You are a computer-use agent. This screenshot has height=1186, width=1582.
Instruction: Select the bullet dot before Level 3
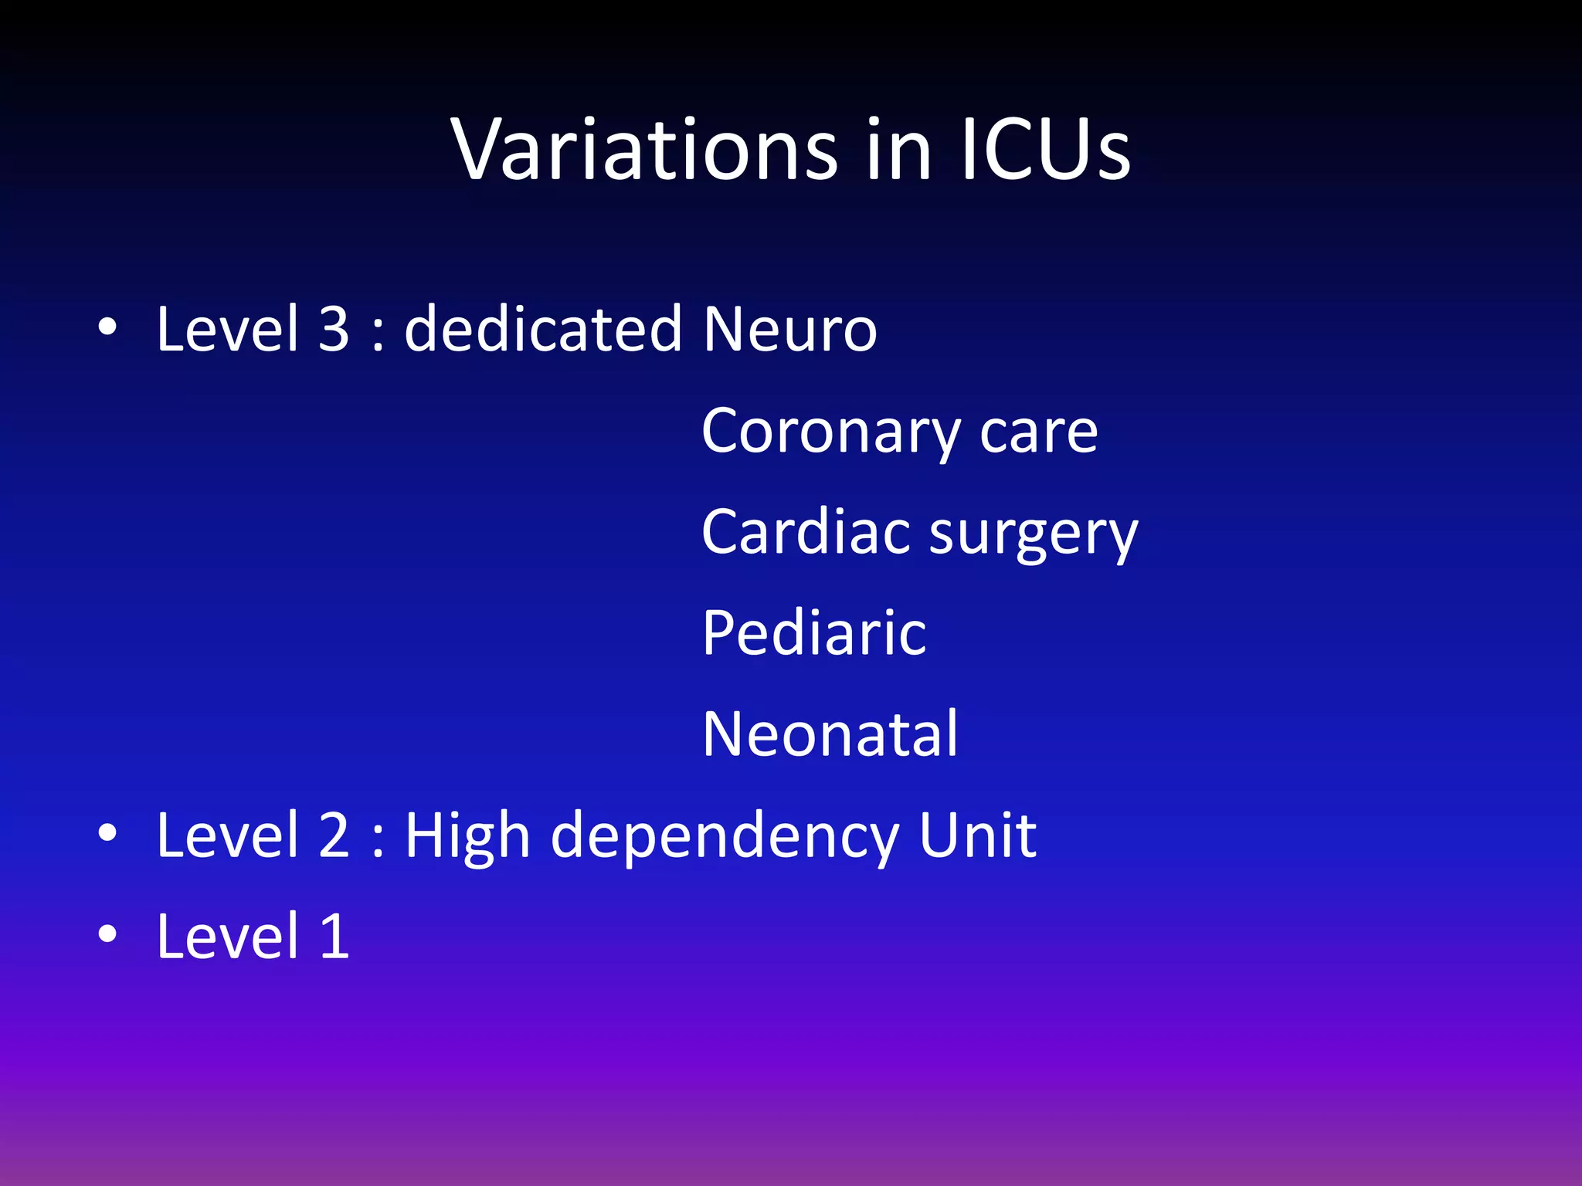[107, 327]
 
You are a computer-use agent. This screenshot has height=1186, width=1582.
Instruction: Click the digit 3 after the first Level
[334, 329]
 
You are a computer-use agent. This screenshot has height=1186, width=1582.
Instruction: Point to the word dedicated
[543, 329]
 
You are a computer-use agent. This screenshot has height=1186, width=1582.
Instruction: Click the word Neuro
[789, 329]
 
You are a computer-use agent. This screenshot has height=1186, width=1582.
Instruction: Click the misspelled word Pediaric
[813, 633]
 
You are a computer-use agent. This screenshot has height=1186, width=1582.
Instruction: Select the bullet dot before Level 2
[107, 834]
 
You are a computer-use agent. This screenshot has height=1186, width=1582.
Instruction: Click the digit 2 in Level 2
[334, 835]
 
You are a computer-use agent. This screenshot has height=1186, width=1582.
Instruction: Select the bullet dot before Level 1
[107, 934]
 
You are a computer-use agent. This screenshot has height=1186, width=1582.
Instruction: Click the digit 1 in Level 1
[334, 937]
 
